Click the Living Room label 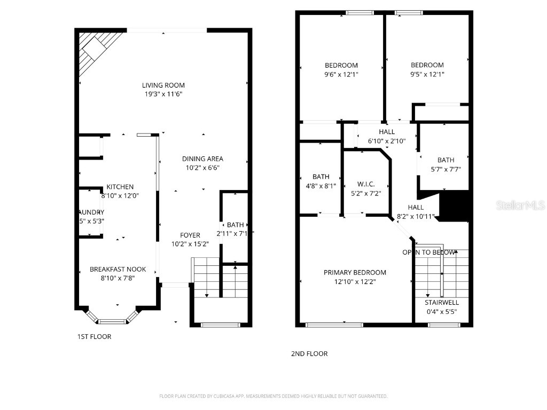pyautogui.click(x=163, y=85)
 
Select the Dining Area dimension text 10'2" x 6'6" pyautogui.click(x=202, y=168)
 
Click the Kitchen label pyautogui.click(x=120, y=187)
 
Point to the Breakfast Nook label pyautogui.click(x=118, y=270)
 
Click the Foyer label pyautogui.click(x=190, y=235)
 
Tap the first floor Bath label pyautogui.click(x=235, y=225)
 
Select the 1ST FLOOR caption pyautogui.click(x=95, y=337)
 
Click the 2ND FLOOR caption pyautogui.click(x=309, y=354)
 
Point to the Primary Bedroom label pyautogui.click(x=355, y=273)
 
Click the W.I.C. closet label pyautogui.click(x=366, y=184)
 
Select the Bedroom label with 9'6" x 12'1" pyautogui.click(x=341, y=66)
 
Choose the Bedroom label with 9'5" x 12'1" pyautogui.click(x=427, y=66)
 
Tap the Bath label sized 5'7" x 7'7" pyautogui.click(x=446, y=160)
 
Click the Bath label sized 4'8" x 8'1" pyautogui.click(x=321, y=177)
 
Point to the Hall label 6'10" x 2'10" pyautogui.click(x=387, y=132)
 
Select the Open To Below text pyautogui.click(x=429, y=253)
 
